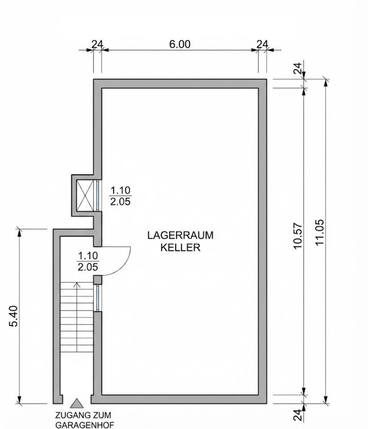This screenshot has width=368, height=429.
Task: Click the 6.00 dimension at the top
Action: point(180,44)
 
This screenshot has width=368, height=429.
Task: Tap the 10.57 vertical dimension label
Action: point(298,236)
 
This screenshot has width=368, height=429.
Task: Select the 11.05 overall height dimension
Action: point(320,232)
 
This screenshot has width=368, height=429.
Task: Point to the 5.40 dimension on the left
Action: point(13,316)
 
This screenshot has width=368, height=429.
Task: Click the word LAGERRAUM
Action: point(180,236)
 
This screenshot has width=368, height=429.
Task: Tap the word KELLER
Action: point(180,247)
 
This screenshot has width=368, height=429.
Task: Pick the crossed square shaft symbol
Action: point(85,195)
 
